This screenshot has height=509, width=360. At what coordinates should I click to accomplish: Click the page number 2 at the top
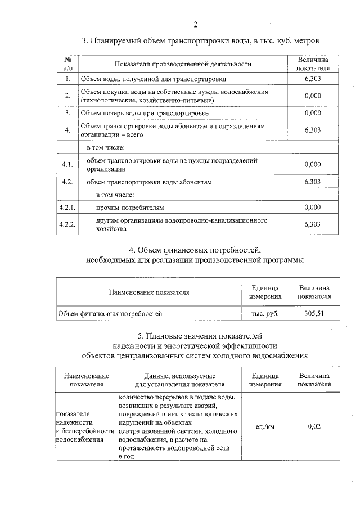click(195, 24)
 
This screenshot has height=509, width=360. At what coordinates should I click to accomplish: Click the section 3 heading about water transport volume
click(201, 41)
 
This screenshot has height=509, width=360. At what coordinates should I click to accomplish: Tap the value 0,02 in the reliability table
click(314, 427)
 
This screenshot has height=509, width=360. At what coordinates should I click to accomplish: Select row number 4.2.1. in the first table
click(67, 208)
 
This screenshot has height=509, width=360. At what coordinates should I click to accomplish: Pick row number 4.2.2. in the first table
click(67, 225)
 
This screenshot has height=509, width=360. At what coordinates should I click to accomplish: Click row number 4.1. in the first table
click(67, 165)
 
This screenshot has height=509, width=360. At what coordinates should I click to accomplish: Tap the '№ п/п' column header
click(67, 64)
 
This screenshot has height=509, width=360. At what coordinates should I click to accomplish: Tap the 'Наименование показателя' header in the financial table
click(149, 292)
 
